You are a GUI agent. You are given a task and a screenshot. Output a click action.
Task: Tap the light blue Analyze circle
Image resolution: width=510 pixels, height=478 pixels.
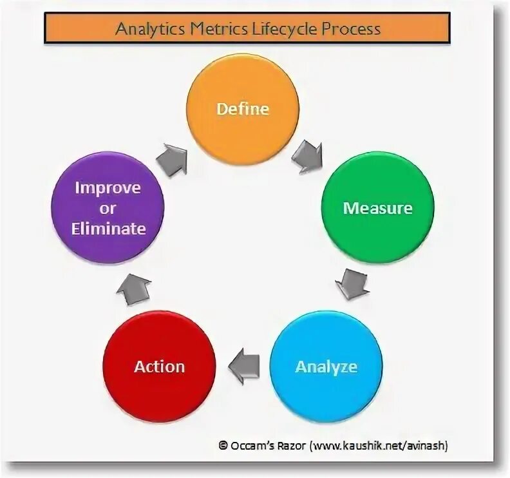[x=325, y=366]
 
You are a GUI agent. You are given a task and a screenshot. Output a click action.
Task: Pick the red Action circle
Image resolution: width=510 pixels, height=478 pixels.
[x=160, y=366]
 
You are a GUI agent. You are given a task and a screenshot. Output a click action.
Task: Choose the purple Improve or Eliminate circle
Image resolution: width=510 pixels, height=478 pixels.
[x=108, y=208]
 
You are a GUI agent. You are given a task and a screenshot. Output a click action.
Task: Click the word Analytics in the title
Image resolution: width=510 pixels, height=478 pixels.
[x=144, y=30]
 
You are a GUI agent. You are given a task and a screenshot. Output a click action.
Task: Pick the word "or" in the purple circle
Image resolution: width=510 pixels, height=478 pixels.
[x=108, y=208]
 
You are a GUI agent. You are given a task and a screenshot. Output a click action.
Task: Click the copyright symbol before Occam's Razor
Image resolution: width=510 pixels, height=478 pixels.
[x=223, y=445]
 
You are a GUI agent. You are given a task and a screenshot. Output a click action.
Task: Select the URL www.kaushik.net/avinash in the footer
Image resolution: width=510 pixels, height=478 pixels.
[x=379, y=445]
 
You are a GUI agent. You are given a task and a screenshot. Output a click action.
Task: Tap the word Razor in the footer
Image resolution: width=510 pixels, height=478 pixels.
[x=289, y=445]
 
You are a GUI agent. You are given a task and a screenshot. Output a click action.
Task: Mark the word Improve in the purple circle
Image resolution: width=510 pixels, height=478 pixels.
[x=108, y=188]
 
